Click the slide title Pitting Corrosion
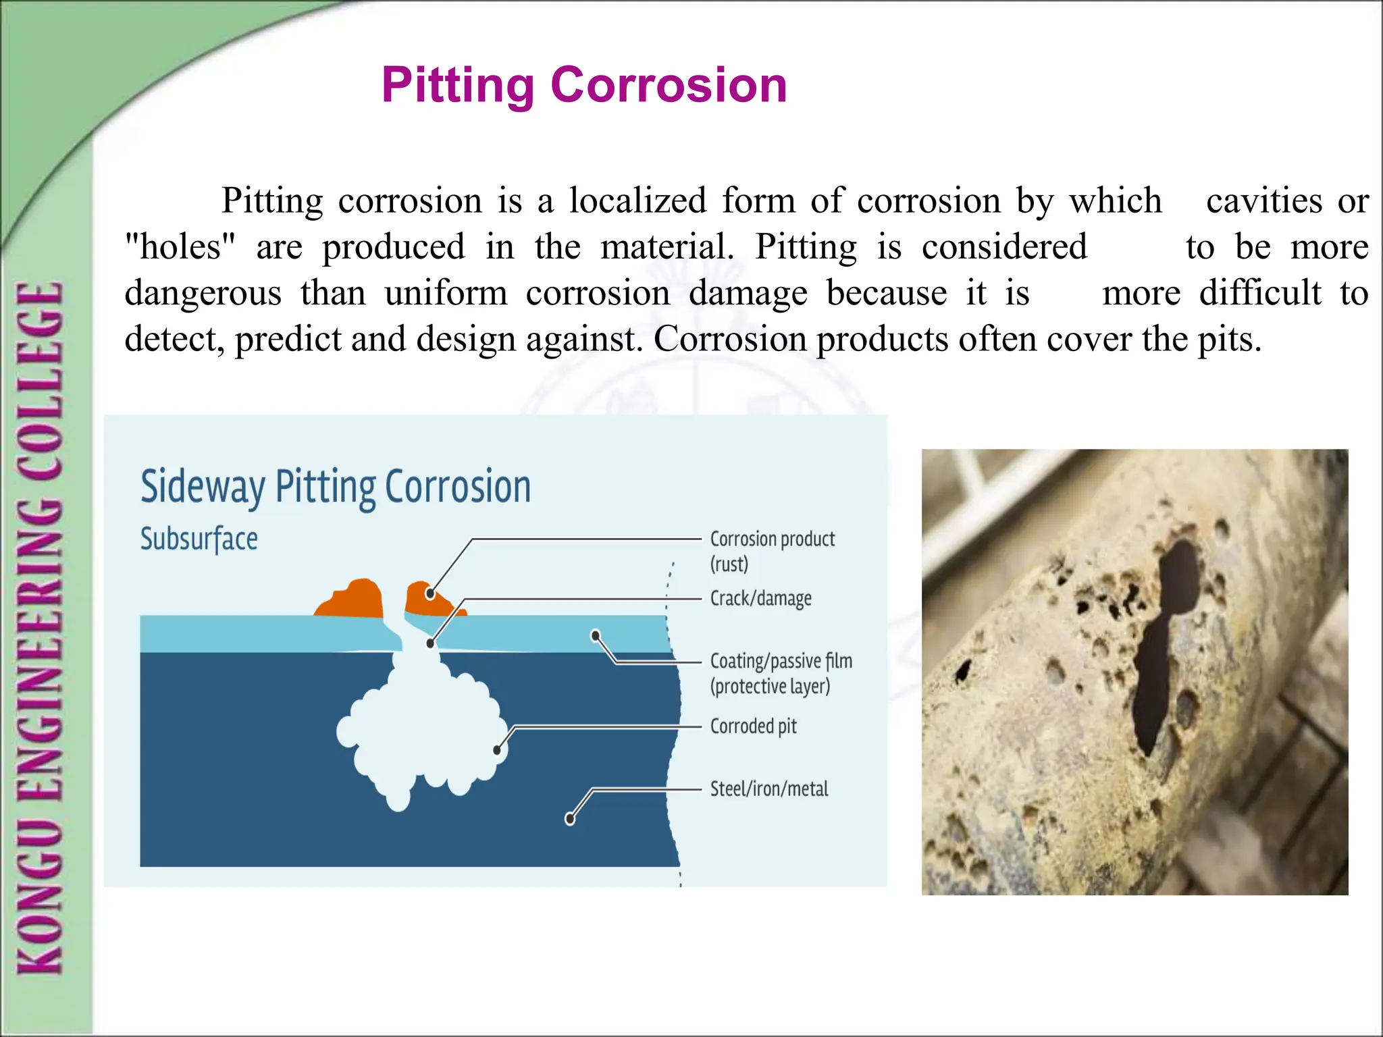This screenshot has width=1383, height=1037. [x=584, y=85]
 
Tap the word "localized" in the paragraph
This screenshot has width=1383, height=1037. [x=637, y=201]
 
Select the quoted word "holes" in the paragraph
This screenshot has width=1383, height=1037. [x=181, y=246]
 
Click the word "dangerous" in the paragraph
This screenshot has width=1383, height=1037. [x=203, y=293]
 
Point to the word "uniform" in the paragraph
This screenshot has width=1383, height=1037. [x=446, y=293]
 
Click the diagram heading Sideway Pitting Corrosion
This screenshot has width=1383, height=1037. [x=336, y=487]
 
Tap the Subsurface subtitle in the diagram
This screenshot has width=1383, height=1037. [x=199, y=539]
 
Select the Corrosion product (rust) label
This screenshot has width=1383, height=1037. [x=772, y=551]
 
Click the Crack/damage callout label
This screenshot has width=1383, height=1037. [x=760, y=599]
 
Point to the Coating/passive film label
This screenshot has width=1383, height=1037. [x=781, y=673]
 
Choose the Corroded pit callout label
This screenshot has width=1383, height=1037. [x=753, y=726]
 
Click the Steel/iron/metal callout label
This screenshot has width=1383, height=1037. [x=768, y=789]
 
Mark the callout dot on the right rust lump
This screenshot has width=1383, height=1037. [x=430, y=593]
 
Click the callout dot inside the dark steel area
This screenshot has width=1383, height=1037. [x=570, y=819]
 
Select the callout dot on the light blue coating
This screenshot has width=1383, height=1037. [x=596, y=635]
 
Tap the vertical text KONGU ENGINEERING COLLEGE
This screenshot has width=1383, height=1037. [x=41, y=628]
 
